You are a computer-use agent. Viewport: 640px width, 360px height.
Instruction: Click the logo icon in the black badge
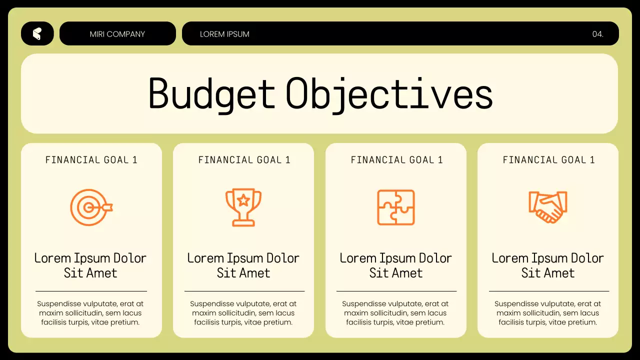pyautogui.click(x=37, y=33)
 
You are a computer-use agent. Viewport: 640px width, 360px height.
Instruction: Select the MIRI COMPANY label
pyautogui.click(x=117, y=34)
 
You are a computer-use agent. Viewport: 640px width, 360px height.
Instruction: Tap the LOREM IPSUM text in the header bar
pyautogui.click(x=224, y=34)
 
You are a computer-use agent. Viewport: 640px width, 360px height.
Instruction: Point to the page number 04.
pyautogui.click(x=597, y=34)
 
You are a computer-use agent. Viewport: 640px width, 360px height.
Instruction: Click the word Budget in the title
pyautogui.click(x=212, y=93)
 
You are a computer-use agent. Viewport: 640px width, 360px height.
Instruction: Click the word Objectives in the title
pyautogui.click(x=389, y=93)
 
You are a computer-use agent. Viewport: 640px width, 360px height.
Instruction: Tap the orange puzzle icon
pyautogui.click(x=396, y=207)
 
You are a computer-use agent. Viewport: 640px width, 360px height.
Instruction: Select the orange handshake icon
pyautogui.click(x=547, y=207)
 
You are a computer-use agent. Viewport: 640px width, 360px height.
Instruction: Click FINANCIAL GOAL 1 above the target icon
pyautogui.click(x=91, y=160)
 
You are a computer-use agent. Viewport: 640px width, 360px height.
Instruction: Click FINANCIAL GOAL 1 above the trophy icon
pyautogui.click(x=244, y=160)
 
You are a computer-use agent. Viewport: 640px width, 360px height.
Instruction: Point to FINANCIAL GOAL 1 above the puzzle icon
pyautogui.click(x=396, y=160)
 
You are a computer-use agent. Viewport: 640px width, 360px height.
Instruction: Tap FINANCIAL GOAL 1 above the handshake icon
pyautogui.click(x=548, y=160)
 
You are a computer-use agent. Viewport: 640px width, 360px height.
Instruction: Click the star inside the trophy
pyautogui.click(x=243, y=200)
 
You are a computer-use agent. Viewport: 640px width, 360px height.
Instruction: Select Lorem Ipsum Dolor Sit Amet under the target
pyautogui.click(x=90, y=265)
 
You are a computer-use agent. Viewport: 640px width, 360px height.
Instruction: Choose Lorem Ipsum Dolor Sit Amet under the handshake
pyautogui.click(x=547, y=265)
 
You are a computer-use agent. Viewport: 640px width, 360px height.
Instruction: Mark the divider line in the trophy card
pyautogui.click(x=244, y=291)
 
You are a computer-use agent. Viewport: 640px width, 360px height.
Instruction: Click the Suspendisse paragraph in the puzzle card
pyautogui.click(x=395, y=313)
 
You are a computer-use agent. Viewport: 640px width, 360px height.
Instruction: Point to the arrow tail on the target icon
pyautogui.click(x=108, y=206)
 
